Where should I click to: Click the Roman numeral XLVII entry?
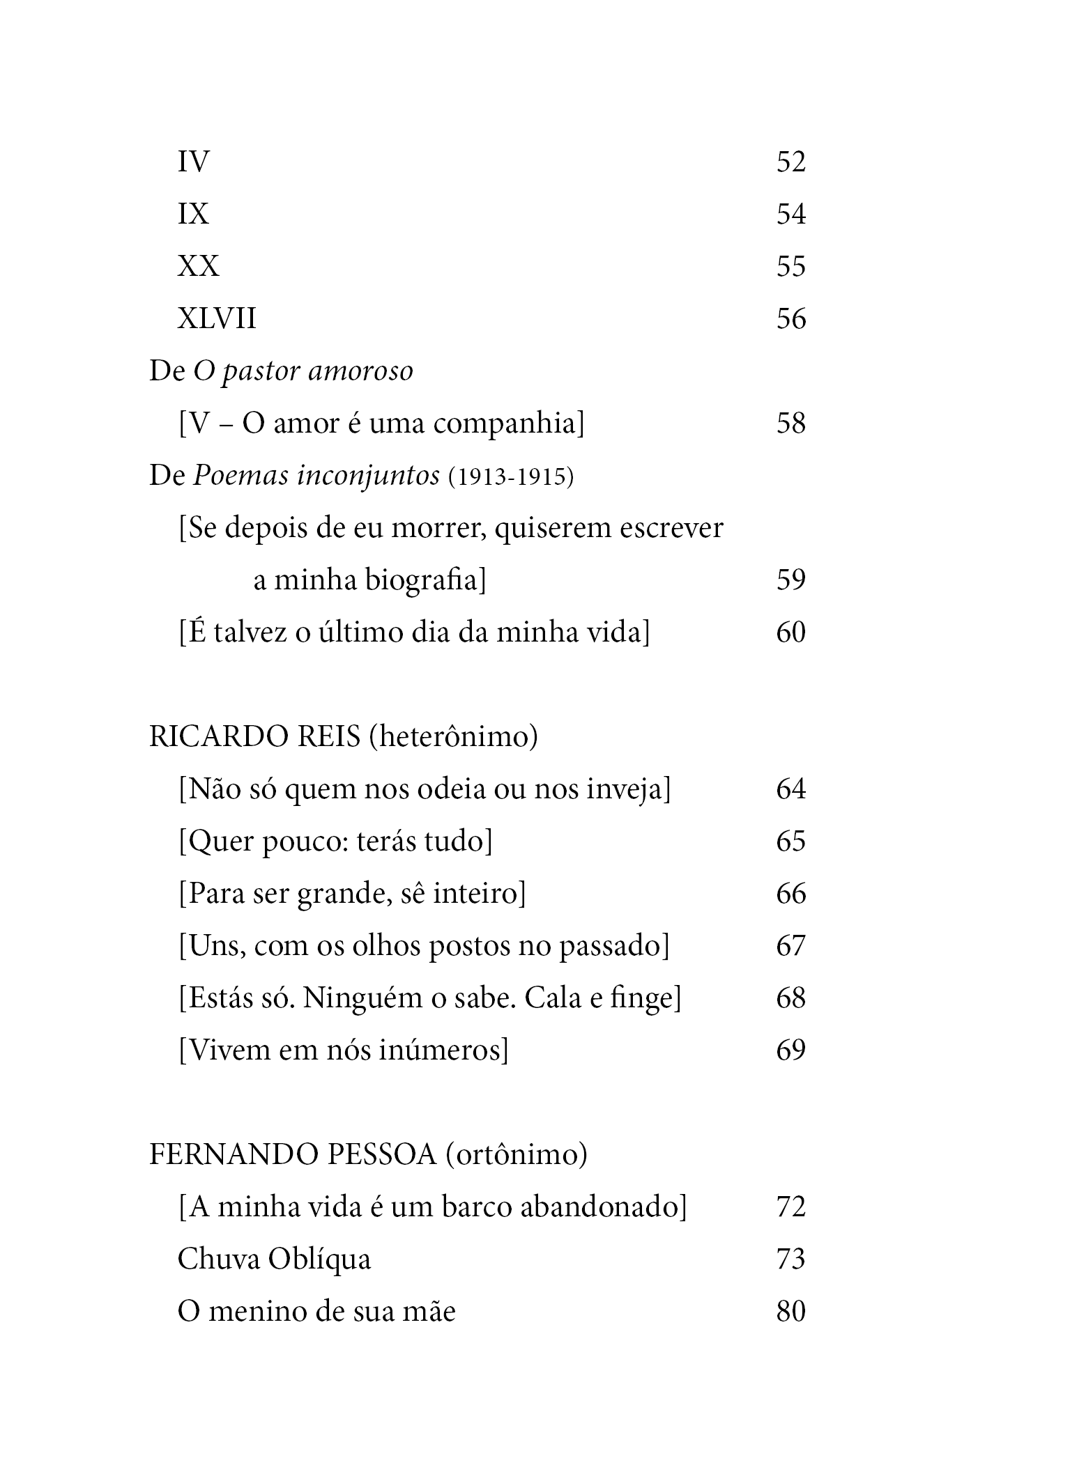pyautogui.click(x=217, y=319)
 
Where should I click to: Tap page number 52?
pyautogui.click(x=790, y=162)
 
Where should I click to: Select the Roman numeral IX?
pyautogui.click(x=193, y=214)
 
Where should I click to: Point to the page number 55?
pyautogui.click(x=790, y=266)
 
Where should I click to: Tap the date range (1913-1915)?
pyautogui.click(x=510, y=476)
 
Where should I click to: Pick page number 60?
pyautogui.click(x=790, y=633)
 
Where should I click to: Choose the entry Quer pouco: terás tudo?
pyautogui.click(x=335, y=842)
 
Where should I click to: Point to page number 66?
pyautogui.click(x=790, y=894)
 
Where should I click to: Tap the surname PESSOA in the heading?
pyautogui.click(x=381, y=1155)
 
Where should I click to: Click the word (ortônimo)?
pyautogui.click(x=516, y=1155)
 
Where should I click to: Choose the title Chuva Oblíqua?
pyautogui.click(x=274, y=1259)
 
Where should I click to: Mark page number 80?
pyautogui.click(x=790, y=1312)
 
